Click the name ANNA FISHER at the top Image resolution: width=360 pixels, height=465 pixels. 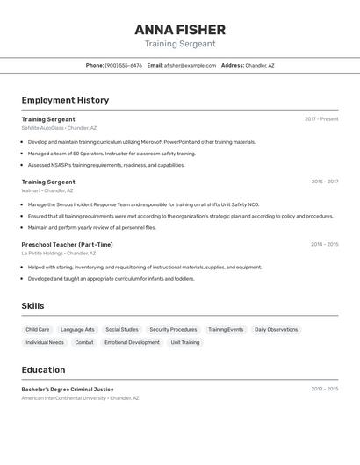(180, 29)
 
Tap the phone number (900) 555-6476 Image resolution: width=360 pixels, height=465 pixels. (124, 65)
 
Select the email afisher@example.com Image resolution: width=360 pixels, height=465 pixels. (190, 65)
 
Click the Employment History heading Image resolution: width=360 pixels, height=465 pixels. (65, 100)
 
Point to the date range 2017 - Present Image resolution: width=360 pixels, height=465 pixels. (321, 118)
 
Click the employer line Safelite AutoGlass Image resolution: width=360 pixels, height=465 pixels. (59, 128)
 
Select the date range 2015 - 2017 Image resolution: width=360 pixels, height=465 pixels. (324, 182)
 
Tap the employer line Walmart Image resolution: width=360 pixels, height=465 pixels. (47, 190)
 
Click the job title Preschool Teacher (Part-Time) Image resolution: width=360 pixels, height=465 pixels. (67, 245)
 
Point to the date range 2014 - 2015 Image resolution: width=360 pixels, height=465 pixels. (324, 244)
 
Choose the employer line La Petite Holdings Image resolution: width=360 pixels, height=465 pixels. (58, 254)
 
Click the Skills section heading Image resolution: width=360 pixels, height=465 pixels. (33, 306)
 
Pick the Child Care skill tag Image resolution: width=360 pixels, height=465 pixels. (38, 330)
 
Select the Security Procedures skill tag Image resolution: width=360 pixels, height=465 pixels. (173, 330)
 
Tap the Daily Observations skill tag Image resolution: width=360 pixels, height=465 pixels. (276, 330)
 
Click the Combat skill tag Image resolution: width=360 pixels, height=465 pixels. (84, 342)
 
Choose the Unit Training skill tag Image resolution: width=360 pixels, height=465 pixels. (185, 342)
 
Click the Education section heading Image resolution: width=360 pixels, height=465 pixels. (43, 370)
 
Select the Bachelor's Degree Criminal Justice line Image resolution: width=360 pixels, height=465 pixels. (68, 389)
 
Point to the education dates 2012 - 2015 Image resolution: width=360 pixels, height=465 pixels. (324, 388)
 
